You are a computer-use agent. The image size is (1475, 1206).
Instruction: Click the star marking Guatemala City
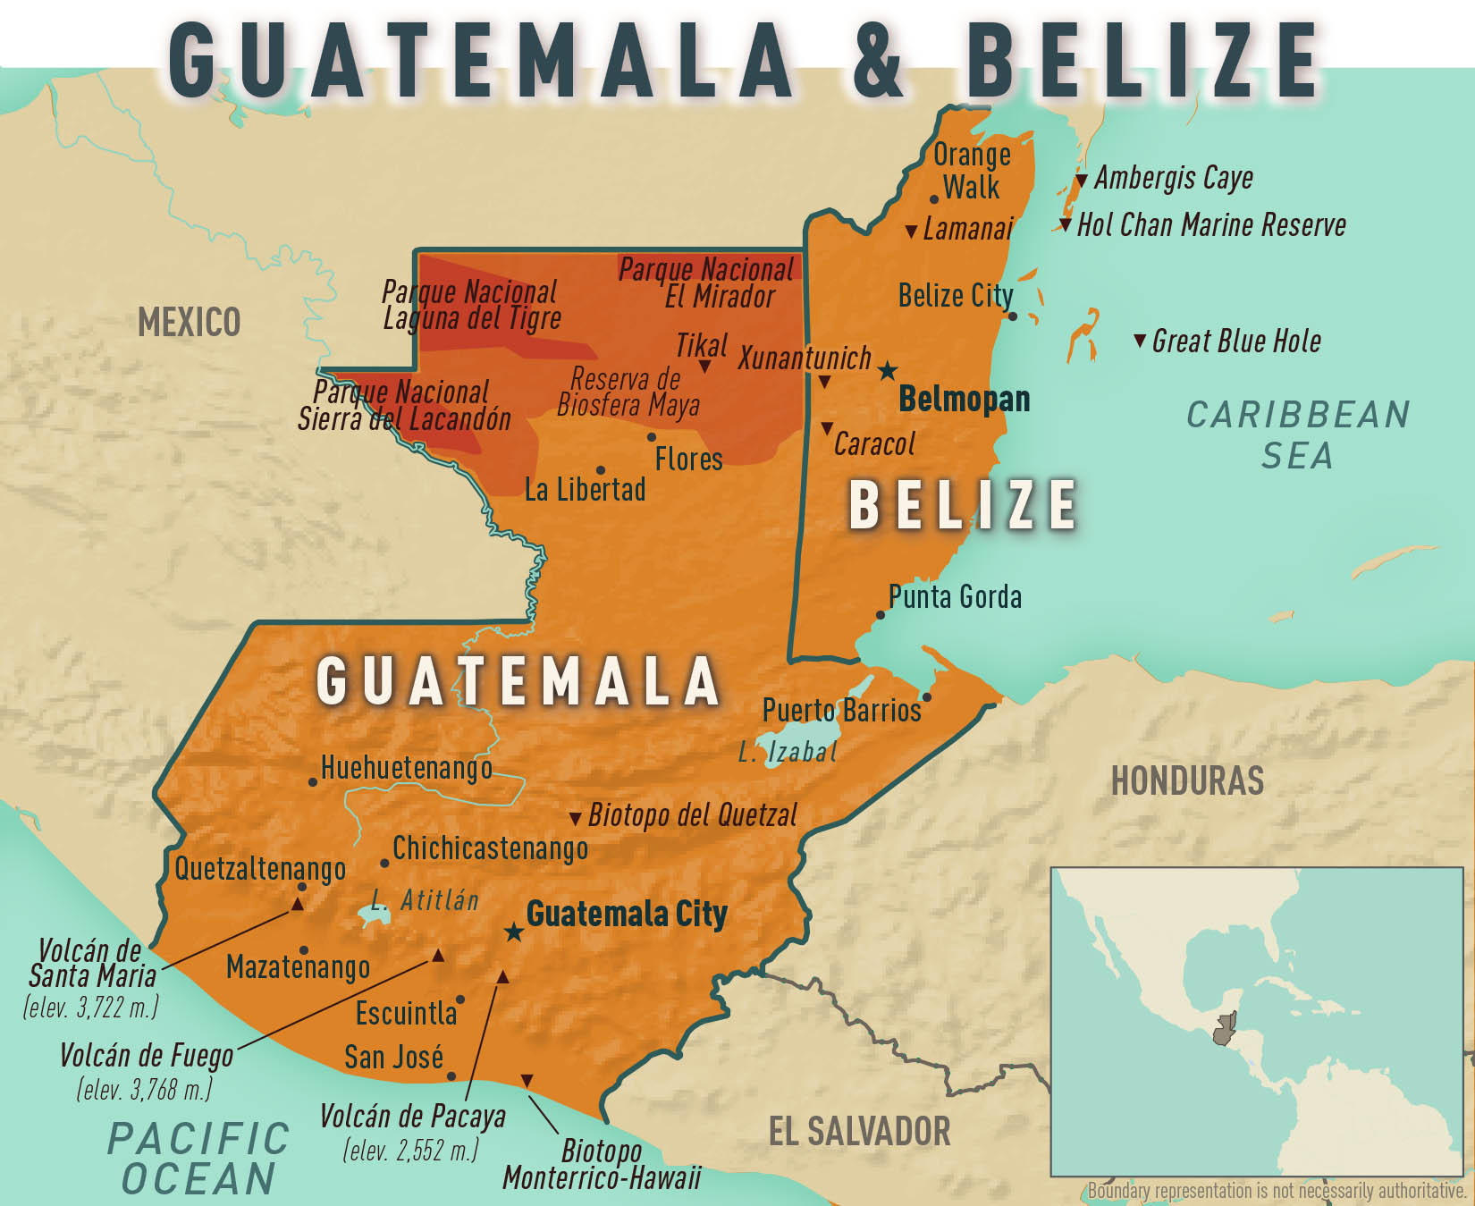(513, 932)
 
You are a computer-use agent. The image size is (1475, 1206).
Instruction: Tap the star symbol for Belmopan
(887, 370)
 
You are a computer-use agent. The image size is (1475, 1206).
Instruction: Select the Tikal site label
(701, 345)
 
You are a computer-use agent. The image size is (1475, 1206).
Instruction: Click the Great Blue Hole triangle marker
(1139, 341)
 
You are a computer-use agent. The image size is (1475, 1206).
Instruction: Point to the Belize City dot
(1012, 316)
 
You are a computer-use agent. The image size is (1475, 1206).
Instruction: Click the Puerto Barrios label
(840, 710)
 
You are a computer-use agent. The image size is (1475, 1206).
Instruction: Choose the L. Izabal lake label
(788, 752)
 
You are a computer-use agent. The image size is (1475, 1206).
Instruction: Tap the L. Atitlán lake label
(426, 899)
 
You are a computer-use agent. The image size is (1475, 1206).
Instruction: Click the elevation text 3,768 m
(144, 1089)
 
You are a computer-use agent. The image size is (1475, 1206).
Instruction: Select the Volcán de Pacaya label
(412, 1117)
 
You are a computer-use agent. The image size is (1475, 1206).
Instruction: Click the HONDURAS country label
(1187, 780)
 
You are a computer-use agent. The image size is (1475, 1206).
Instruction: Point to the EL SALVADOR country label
(859, 1131)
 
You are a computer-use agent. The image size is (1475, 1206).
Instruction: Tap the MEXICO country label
(189, 322)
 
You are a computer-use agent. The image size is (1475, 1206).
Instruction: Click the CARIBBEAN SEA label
(1298, 434)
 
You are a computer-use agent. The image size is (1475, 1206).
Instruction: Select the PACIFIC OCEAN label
(198, 1159)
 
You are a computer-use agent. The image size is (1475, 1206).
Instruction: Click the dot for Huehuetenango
(312, 781)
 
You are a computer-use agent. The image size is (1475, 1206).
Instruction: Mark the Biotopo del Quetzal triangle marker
(576, 818)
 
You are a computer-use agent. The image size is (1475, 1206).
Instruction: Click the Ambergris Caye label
(1173, 177)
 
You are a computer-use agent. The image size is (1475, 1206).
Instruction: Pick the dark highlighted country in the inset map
(1224, 1030)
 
